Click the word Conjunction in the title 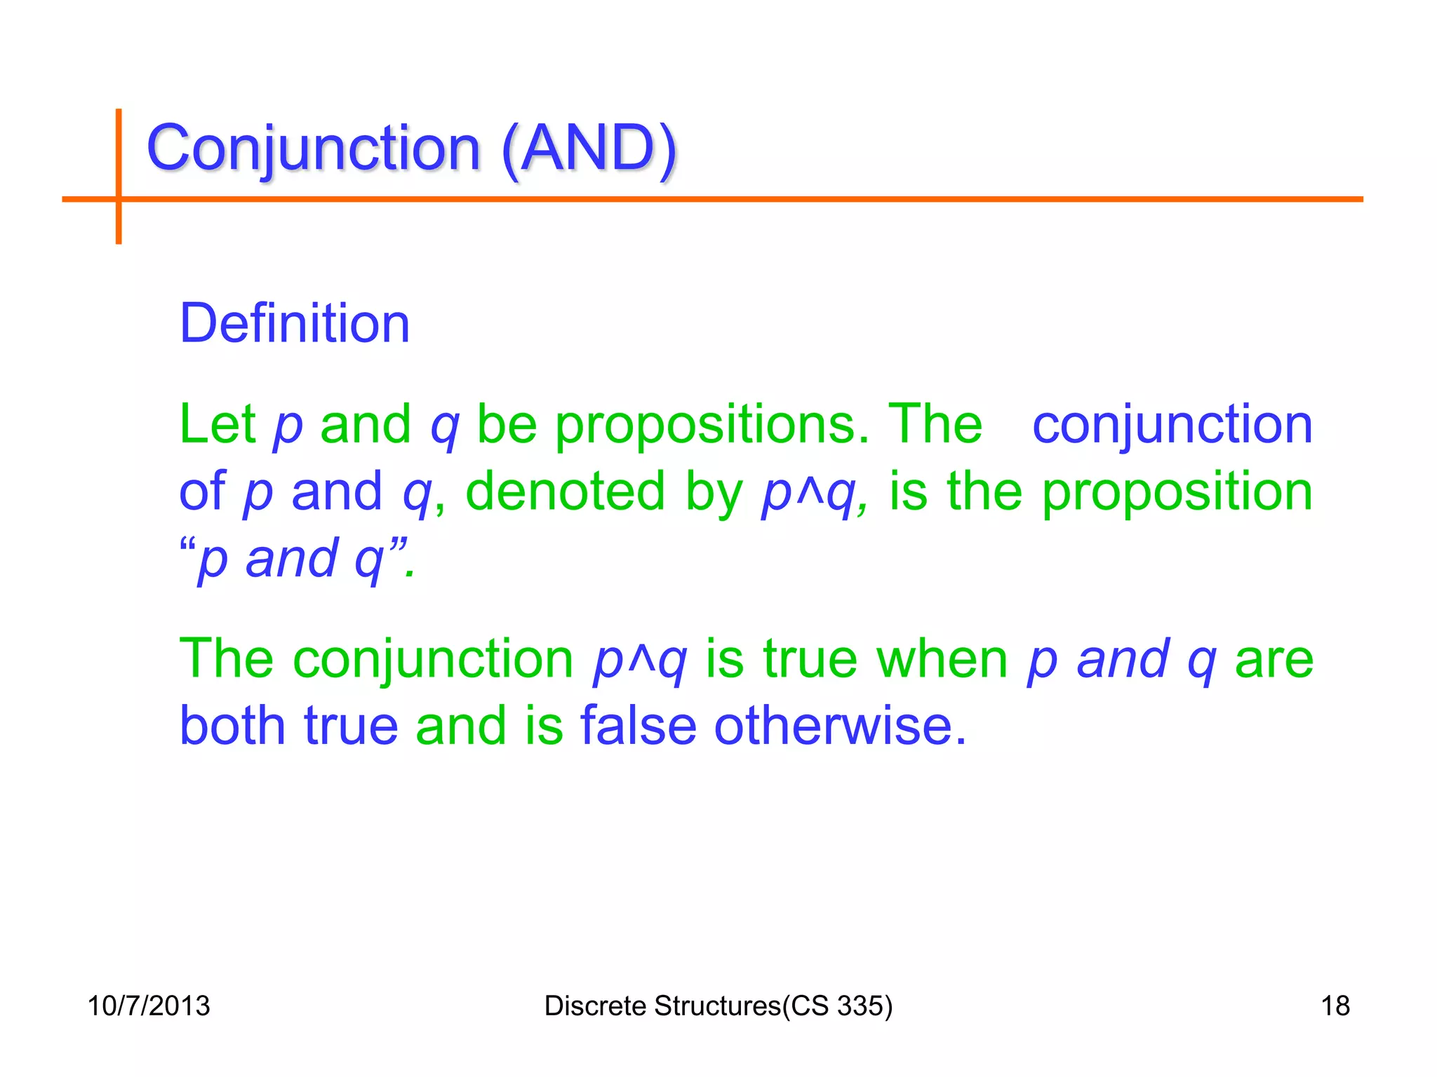pos(313,149)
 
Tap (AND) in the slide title pos(589,149)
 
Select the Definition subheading pos(295,323)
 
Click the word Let pos(218,424)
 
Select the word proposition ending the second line pos(1177,492)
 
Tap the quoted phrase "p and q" pos(298,559)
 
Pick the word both pos(232,725)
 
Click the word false pos(638,725)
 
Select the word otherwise pos(840,725)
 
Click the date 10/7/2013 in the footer pos(148,1005)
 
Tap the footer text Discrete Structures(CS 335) pos(718,1005)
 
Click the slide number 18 pos(1335,1005)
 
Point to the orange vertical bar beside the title pos(119,175)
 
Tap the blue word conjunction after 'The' pos(1172,424)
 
